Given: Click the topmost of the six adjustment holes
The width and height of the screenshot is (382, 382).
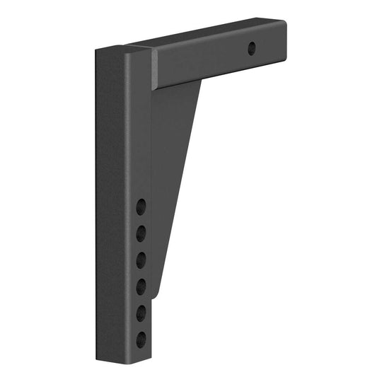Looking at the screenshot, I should (141, 207).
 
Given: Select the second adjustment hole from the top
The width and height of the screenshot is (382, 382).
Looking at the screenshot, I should (141, 233).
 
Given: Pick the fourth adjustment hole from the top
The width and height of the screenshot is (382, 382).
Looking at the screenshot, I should (141, 286).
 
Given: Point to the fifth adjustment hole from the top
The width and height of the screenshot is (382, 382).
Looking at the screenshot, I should (141, 312).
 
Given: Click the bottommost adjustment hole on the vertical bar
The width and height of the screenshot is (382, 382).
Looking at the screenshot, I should (141, 338).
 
